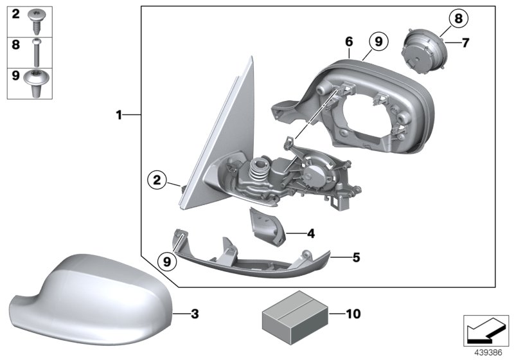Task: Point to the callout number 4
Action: point(310,233)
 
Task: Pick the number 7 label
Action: point(466,43)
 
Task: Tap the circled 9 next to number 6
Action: point(378,42)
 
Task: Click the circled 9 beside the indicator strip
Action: point(167,261)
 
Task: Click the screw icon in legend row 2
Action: point(37,21)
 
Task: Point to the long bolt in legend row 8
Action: point(37,52)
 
